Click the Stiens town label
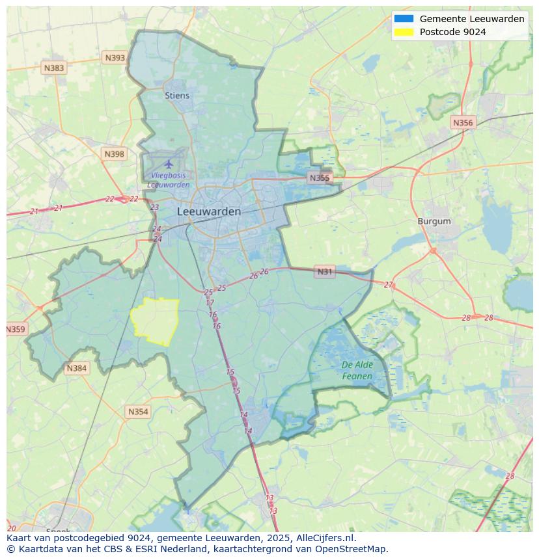tap(177, 96)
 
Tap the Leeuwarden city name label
tap(209, 211)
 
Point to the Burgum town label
tap(434, 221)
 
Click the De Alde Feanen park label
tap(357, 371)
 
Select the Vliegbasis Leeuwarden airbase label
tap(169, 180)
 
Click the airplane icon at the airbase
tap(169, 163)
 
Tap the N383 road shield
tap(54, 68)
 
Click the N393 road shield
tap(115, 58)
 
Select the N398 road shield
tap(114, 154)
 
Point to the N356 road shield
tap(463, 122)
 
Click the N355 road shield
tap(320, 178)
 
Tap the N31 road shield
tap(324, 272)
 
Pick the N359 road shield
tap(16, 329)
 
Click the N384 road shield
tap(76, 368)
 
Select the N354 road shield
tap(138, 412)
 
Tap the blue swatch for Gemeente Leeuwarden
tap(404, 19)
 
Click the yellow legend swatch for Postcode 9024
tap(404, 32)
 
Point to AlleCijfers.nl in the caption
tap(325, 538)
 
